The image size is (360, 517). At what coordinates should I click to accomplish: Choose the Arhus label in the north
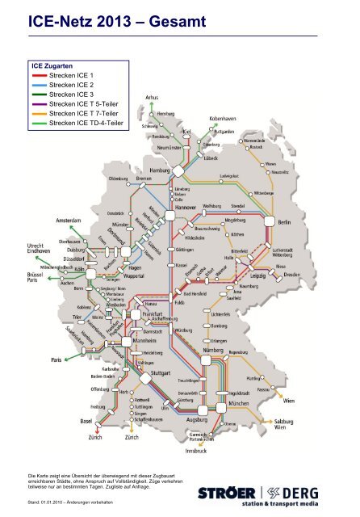pos(152,98)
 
